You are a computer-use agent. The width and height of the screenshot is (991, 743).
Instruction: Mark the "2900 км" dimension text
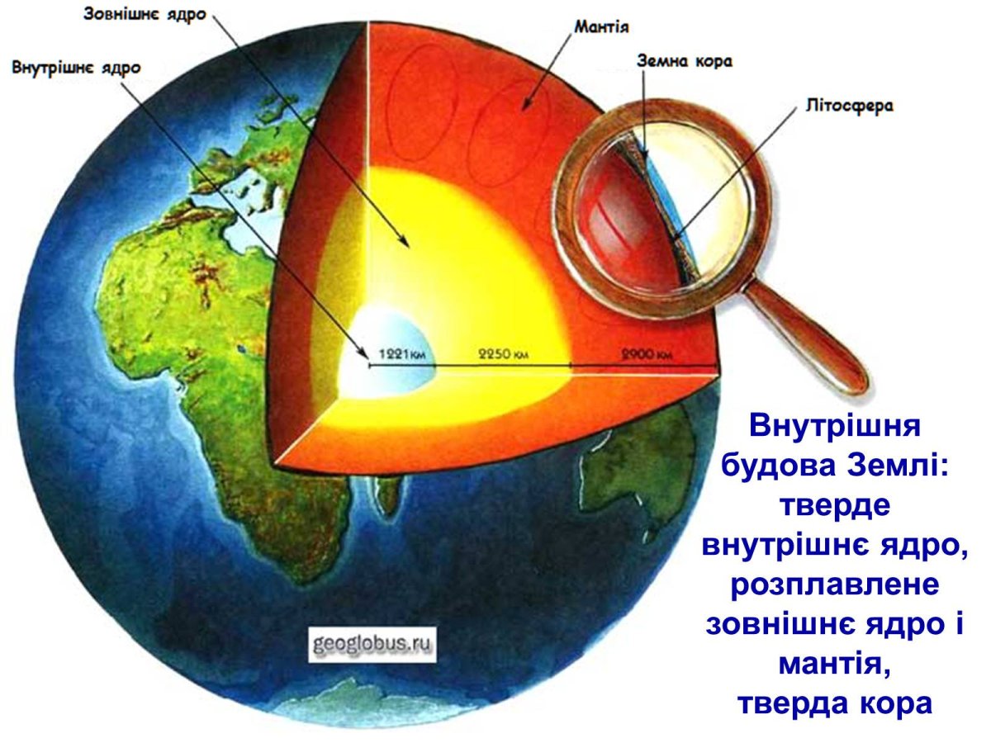(x=643, y=355)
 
